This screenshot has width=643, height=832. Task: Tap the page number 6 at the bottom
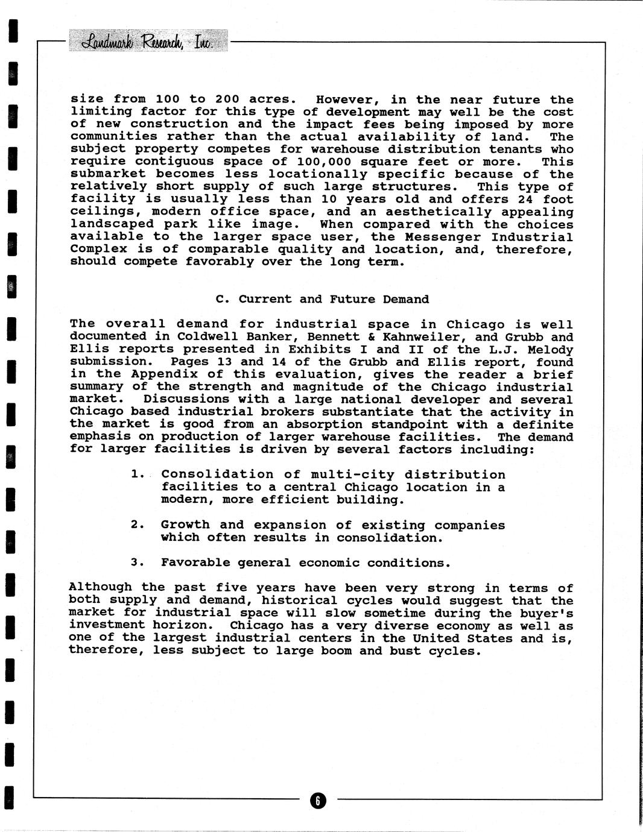pyautogui.click(x=318, y=800)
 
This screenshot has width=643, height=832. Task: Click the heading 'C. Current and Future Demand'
pyautogui.click(x=322, y=299)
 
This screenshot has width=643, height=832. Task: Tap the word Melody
pyautogui.click(x=550, y=349)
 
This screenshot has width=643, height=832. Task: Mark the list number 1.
pyautogui.click(x=136, y=474)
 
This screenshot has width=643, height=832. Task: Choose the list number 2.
pyautogui.click(x=136, y=525)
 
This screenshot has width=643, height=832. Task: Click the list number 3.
pyautogui.click(x=136, y=563)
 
